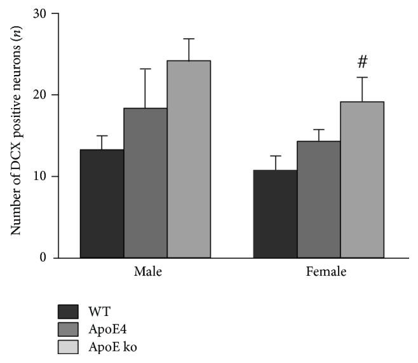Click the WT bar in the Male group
tap(102, 203)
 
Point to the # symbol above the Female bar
tap(363, 62)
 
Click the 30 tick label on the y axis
tap(41, 13)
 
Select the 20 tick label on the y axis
tap(41, 95)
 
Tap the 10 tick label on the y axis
tap(41, 176)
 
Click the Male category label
tap(147, 272)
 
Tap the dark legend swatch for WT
tap(68, 312)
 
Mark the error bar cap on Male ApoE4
tap(145, 69)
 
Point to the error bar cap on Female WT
tap(274, 156)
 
